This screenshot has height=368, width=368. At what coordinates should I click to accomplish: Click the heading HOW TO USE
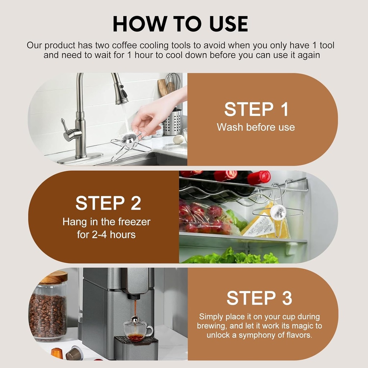point(180,24)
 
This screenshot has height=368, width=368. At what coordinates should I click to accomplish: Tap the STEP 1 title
point(256,109)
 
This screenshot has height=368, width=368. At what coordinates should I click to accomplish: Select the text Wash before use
point(256,127)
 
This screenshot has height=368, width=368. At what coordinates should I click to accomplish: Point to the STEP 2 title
point(108,203)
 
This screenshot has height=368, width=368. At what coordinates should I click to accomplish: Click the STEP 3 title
point(259,298)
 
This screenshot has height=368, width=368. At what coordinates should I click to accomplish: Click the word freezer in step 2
point(134,222)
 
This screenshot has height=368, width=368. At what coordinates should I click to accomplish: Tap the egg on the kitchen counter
point(178,139)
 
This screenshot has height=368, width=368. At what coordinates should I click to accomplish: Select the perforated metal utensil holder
point(173,122)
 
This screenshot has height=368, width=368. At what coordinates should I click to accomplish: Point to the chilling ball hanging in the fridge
point(278,211)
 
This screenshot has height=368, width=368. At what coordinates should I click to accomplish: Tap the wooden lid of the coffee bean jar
point(55,277)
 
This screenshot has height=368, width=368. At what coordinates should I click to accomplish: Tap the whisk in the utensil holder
point(173,83)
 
